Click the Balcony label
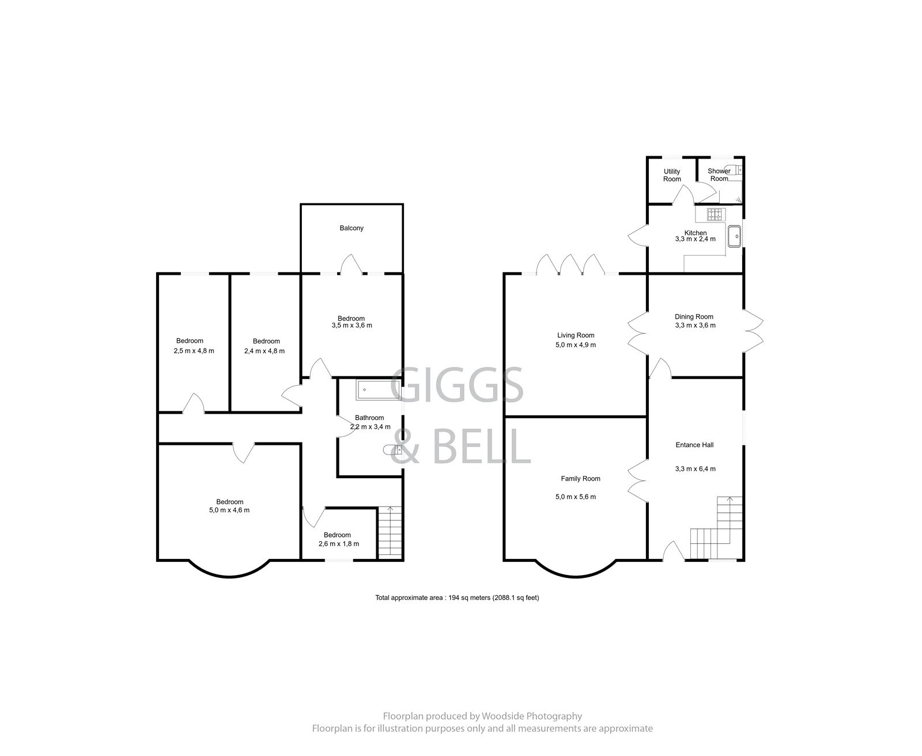pos(351,228)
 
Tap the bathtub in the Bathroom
pos(377,390)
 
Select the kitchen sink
pos(734,236)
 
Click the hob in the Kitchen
pos(715,214)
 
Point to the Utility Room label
pos(672,175)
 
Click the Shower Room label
pos(719,175)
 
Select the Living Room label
pos(575,335)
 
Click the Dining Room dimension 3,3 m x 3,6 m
pos(695,326)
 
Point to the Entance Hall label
pos(695,445)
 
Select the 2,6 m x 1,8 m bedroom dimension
pos(339,544)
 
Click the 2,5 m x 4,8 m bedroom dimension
pos(194,351)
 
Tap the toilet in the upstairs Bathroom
pos(390,450)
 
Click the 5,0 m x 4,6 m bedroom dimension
pos(229,511)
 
